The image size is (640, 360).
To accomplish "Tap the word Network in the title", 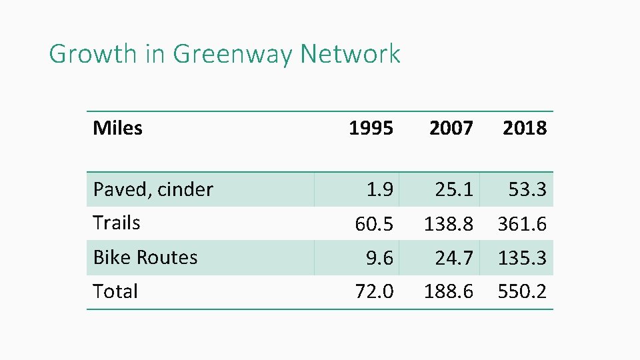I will pos(350,54).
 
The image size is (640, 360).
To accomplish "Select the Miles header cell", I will pos(117,128).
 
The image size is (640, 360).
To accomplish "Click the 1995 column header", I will pos(371,128).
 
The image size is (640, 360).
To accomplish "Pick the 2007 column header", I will pos(451,128).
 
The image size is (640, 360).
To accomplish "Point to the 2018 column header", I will pos(524,128).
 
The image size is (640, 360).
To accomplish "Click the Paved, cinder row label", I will pos(153,189).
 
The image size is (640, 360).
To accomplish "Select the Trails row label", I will pos(117,223).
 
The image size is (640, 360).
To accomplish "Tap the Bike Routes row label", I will pos(145,257).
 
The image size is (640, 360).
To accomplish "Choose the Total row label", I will pos(115,291).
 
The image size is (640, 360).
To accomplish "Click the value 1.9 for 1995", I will pos(380,190).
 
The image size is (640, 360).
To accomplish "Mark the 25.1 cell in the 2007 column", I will pos(454,190).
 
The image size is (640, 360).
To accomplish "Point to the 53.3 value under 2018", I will pos(527,190).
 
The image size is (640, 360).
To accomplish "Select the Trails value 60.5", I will pos(374,225).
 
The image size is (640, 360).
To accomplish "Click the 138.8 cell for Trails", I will pos(449,225).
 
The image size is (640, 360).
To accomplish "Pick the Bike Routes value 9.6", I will pos(380,258).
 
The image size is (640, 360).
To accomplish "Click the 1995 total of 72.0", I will pos(374,292).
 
